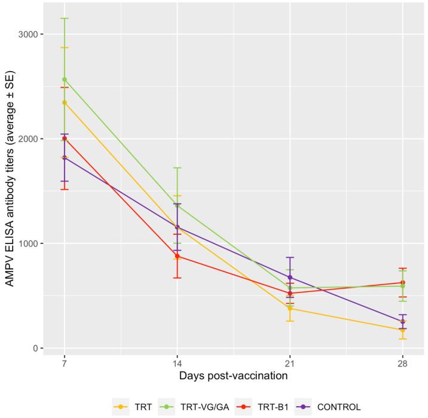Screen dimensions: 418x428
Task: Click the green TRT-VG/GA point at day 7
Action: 64,79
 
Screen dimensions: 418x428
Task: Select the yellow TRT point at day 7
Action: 64,102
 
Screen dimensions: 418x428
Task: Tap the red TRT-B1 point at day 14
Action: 177,256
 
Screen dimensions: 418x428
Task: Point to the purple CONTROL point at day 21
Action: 290,277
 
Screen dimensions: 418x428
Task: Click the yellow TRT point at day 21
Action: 290,308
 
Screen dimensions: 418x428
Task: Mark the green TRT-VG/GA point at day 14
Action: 177,205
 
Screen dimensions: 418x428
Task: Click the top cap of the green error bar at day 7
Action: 64,19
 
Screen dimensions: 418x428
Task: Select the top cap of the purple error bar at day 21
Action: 290,258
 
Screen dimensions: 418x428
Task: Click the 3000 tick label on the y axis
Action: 27,34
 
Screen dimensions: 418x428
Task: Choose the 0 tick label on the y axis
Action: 35,349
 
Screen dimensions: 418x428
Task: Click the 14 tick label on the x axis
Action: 177,363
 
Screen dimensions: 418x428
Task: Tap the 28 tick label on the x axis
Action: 402,363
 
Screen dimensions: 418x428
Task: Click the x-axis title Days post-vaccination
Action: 233,376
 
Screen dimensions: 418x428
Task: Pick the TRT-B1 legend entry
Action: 270,407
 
